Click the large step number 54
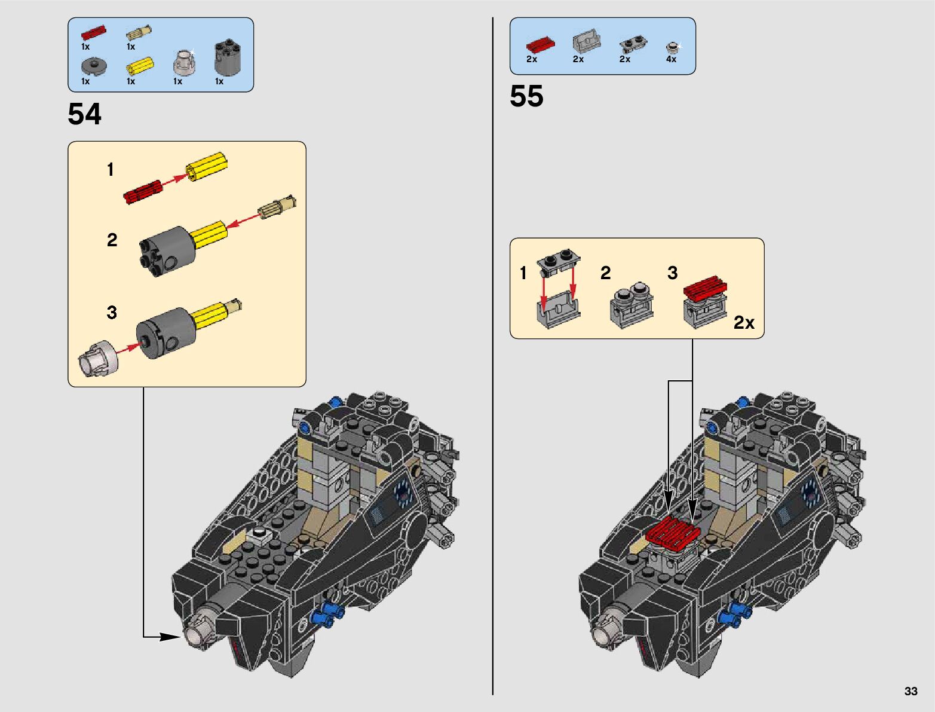84,114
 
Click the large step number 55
526,96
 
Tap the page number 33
911,691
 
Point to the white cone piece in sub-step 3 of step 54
98,358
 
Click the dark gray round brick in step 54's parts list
228,57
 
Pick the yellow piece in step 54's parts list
140,66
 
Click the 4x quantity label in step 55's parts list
671,59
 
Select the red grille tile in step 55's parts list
541,44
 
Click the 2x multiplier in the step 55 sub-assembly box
744,323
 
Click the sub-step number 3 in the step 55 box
672,273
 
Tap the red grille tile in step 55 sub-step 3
705,288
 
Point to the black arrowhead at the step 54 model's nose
170,637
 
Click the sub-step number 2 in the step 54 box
112,240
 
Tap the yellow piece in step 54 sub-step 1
207,166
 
